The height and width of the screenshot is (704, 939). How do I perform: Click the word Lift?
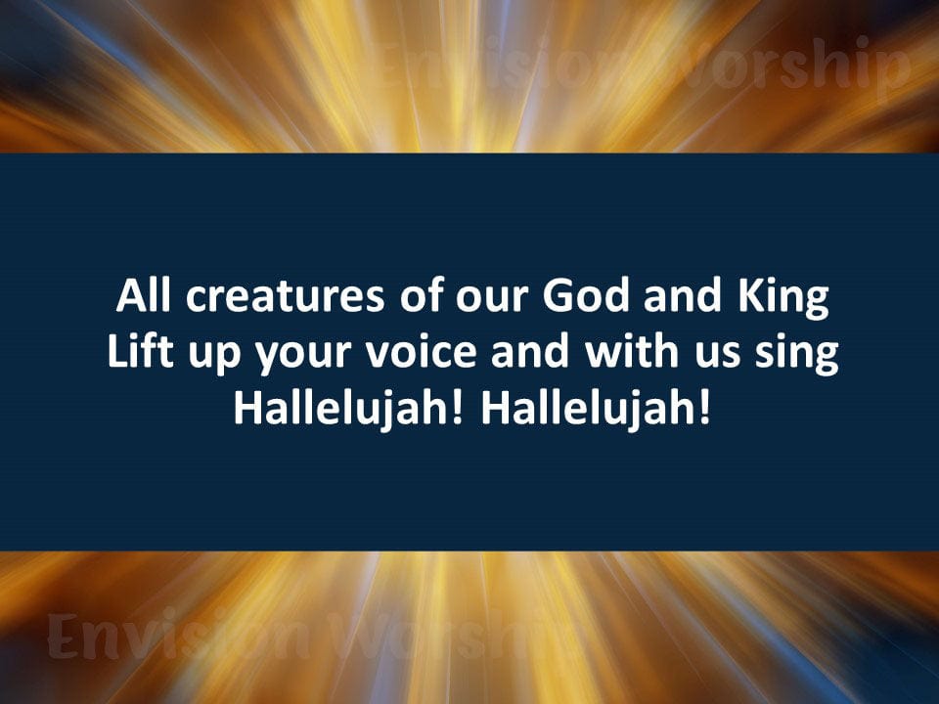pyautogui.click(x=135, y=353)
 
